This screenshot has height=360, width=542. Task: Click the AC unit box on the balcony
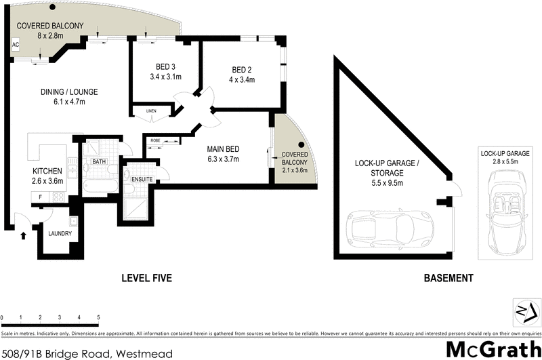[x=15, y=45]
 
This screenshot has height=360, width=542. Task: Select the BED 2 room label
[x=242, y=70]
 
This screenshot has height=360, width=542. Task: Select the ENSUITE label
[x=141, y=179]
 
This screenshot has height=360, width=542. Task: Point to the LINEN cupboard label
[x=151, y=111]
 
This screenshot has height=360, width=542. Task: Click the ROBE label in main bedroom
[x=155, y=141]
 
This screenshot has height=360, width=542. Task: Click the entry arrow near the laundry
[x=25, y=236]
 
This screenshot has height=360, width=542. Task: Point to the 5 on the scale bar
[x=98, y=317]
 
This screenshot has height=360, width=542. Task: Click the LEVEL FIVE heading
[x=146, y=278]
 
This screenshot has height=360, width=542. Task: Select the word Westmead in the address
[x=144, y=353]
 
